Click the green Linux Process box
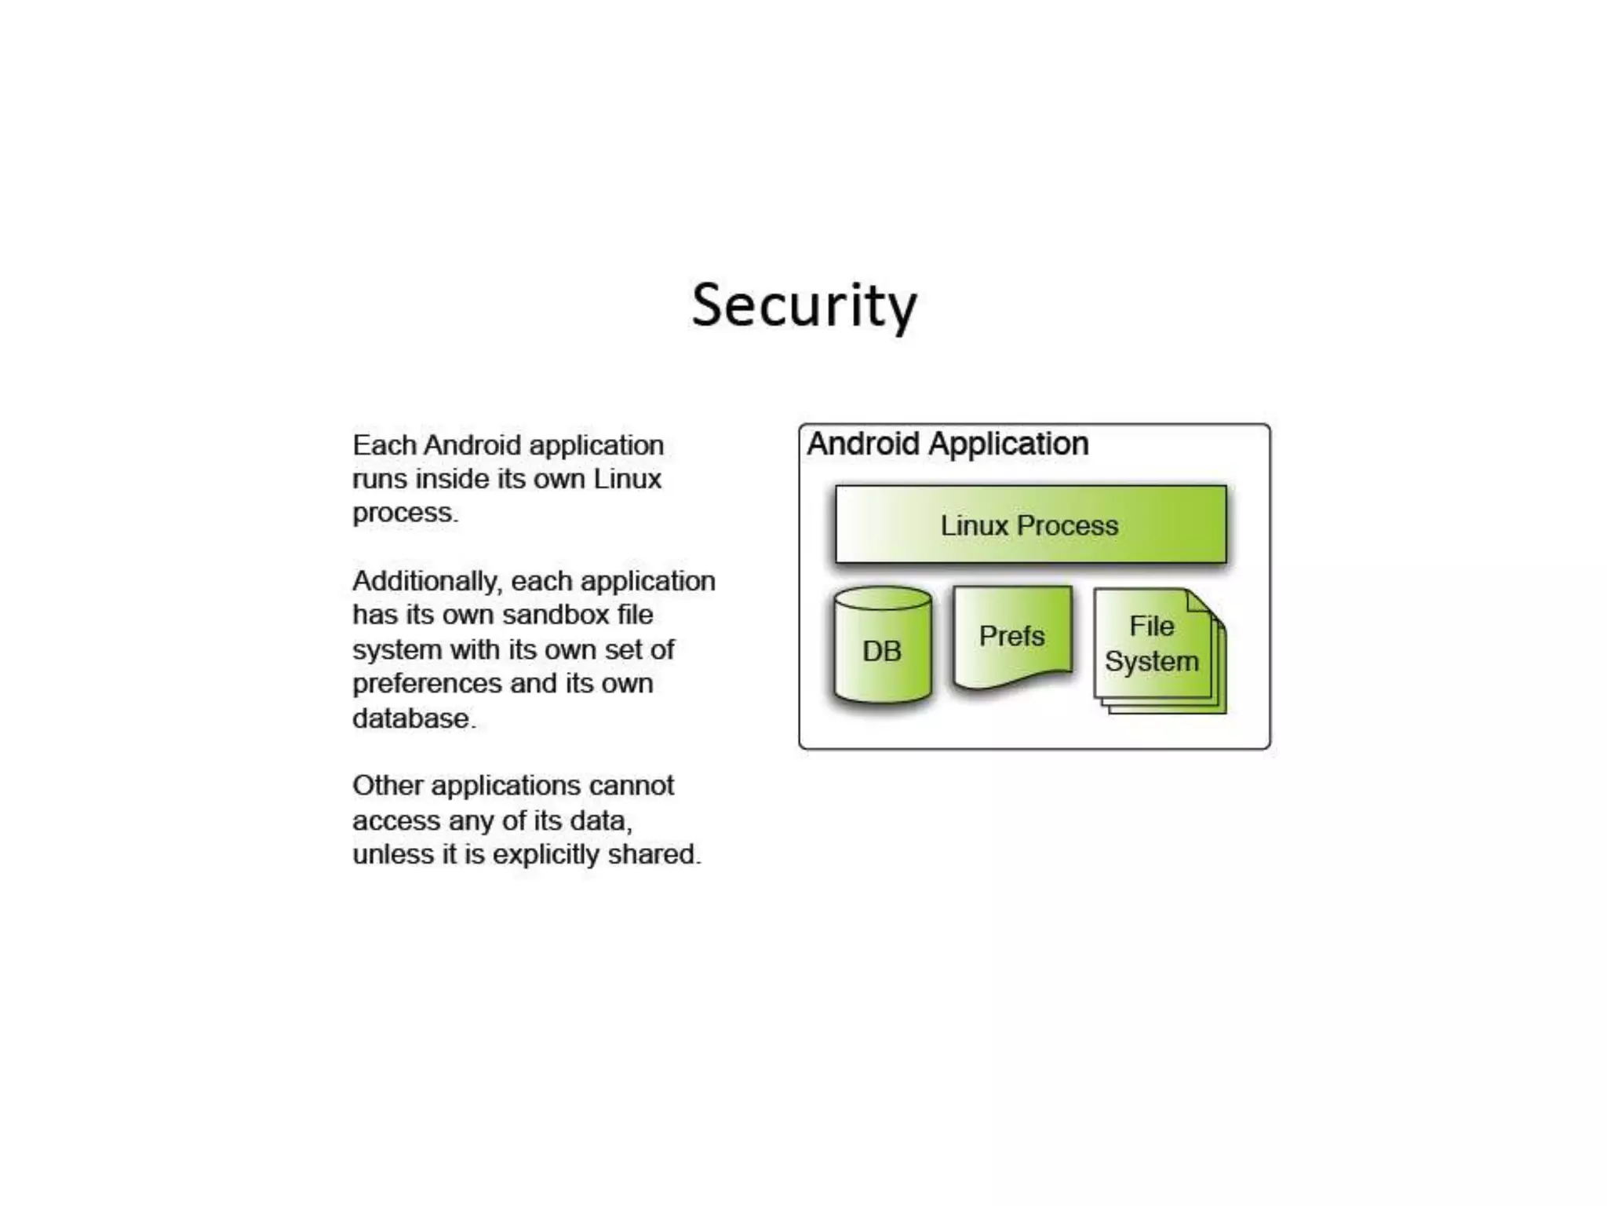click(x=1030, y=524)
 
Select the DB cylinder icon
click(x=883, y=648)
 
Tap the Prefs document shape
click(x=1012, y=636)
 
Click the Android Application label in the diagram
click(x=947, y=444)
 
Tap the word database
click(x=413, y=718)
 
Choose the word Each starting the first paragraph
click(x=384, y=445)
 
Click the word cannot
click(x=631, y=786)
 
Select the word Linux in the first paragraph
click(x=627, y=479)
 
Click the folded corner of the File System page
click(x=1200, y=603)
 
